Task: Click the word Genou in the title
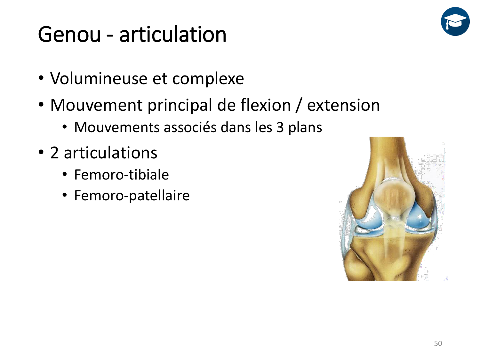point(69,34)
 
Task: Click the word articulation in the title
point(173,34)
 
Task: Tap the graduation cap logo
point(455,21)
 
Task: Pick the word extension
point(343,105)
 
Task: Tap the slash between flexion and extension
point(299,106)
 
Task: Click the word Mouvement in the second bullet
point(96,105)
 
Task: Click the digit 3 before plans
point(280,127)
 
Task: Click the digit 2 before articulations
point(54,153)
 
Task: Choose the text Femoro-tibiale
point(121,175)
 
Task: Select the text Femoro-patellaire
point(132,196)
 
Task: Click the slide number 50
point(438,343)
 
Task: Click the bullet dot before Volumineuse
point(41,79)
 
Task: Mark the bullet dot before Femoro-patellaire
point(65,196)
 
